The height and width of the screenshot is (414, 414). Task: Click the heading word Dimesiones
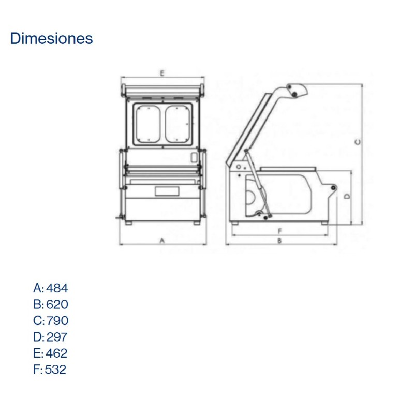coord(51,39)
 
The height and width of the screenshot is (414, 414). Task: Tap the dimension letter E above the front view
coord(162,73)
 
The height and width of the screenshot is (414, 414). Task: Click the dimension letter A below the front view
coord(162,241)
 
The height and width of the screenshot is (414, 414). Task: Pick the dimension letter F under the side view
coord(279,230)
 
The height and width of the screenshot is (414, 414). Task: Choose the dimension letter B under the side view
coord(279,241)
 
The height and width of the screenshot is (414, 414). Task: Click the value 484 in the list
coord(57,288)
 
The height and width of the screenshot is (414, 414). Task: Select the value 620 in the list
coord(57,304)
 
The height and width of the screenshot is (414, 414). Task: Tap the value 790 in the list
coord(57,320)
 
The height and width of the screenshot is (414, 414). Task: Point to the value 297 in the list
coord(56,337)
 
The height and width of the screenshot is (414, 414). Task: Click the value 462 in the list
coord(56,353)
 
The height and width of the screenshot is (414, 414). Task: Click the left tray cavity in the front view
coord(147,124)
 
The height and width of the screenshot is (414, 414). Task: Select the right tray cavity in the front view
coord(176,124)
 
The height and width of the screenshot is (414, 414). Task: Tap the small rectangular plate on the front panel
coord(167,191)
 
